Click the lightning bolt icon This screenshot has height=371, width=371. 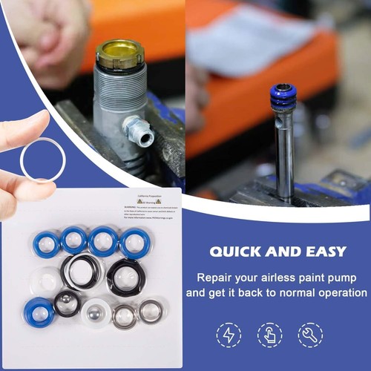click(x=227, y=334)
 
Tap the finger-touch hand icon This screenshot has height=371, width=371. click(x=269, y=334)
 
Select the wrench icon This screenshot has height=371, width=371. click(x=309, y=334)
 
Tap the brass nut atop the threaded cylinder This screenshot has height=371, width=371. click(x=119, y=53)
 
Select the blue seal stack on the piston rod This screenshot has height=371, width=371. click(x=283, y=97)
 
